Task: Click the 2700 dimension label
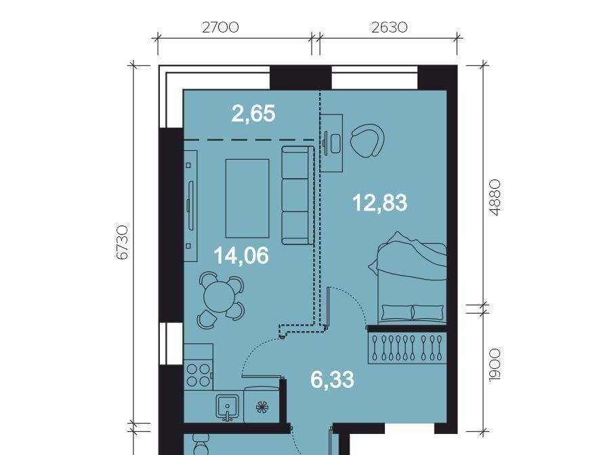click(x=220, y=28)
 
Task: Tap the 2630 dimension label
click(x=389, y=28)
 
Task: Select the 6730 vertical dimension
click(x=123, y=242)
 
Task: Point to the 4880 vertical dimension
click(x=495, y=198)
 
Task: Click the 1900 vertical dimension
click(x=495, y=365)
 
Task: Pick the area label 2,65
click(x=253, y=114)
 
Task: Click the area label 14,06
click(x=241, y=255)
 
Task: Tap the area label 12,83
click(x=379, y=203)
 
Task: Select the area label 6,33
click(x=332, y=380)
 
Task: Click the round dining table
click(x=221, y=297)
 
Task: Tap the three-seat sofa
click(x=297, y=195)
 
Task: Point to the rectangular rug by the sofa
click(x=247, y=198)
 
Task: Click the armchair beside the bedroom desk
click(x=367, y=141)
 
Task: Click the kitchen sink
click(x=227, y=406)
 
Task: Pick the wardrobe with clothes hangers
click(x=407, y=348)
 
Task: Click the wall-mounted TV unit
click(x=190, y=206)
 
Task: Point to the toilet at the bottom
click(x=201, y=446)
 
